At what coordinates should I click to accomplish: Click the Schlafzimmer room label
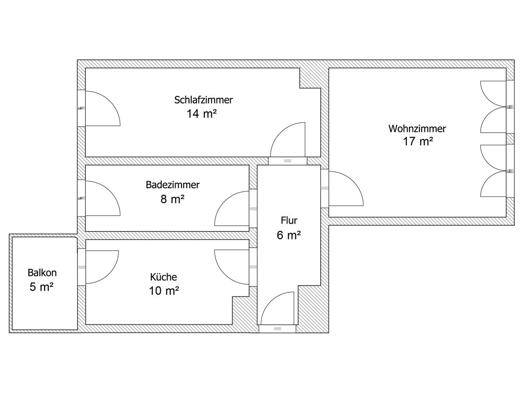point(203,100)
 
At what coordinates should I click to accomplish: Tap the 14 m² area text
point(202,114)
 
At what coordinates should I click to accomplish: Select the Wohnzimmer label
point(417,129)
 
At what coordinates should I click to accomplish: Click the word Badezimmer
point(172,185)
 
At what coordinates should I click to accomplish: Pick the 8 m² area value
point(172,200)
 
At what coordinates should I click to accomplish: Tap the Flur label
point(289,220)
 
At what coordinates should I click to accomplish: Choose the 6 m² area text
point(289,235)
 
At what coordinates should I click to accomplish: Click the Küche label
point(164,277)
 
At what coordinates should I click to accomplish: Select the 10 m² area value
point(164,291)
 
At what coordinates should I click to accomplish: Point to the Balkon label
point(42,273)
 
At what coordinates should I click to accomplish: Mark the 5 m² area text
point(42,288)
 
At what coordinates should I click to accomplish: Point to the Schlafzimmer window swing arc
point(101,108)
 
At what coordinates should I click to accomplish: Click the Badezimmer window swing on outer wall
point(101,198)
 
